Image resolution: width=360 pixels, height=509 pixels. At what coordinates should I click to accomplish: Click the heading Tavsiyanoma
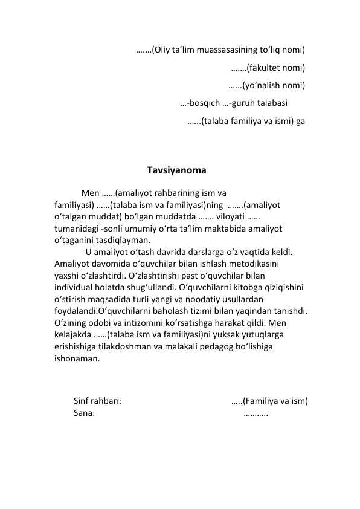click(x=176, y=170)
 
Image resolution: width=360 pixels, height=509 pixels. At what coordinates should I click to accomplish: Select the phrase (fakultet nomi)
click(x=275, y=67)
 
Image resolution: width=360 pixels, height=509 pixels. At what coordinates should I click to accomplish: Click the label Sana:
click(x=83, y=413)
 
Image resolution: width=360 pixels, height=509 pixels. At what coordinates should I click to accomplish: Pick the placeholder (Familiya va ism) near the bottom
click(x=275, y=401)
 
